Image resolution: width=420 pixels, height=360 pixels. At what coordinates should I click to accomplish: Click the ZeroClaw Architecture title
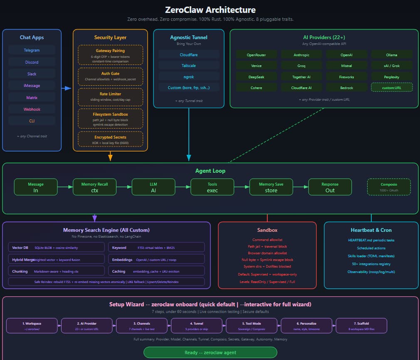coord(210,10)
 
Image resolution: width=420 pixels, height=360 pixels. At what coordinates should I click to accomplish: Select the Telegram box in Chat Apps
coord(32,50)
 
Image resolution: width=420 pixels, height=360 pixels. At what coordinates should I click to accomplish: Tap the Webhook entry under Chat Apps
coord(32,109)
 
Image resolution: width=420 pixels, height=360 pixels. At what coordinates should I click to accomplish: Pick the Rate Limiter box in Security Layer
coord(110,97)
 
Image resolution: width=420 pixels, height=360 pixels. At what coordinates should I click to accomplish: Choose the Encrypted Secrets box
coord(110,139)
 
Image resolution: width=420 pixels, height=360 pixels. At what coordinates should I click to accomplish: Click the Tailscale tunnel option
coord(188,65)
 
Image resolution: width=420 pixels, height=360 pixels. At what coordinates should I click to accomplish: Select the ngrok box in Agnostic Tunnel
coord(188,77)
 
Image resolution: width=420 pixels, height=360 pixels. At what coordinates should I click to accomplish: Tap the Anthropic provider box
coord(301,55)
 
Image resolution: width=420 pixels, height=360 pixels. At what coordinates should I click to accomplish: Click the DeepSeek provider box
coord(256,77)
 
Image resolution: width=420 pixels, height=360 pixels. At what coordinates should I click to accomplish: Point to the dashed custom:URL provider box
coord(391,87)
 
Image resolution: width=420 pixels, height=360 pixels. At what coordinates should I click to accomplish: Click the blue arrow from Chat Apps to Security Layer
coord(66,88)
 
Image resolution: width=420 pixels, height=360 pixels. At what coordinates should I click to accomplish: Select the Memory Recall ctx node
coord(94,187)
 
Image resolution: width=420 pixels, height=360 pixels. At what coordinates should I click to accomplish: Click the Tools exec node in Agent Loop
coord(212,187)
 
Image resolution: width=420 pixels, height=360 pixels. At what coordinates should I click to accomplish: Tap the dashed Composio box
coord(388,187)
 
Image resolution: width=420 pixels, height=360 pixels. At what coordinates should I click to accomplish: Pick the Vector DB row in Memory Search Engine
coord(56,248)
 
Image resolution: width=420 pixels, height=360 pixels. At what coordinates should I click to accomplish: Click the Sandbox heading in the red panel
coord(267,230)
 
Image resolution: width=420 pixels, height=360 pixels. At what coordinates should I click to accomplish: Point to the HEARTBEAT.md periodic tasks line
coord(371,240)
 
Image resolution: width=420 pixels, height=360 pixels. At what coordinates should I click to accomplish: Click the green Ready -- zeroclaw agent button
coord(210,353)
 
